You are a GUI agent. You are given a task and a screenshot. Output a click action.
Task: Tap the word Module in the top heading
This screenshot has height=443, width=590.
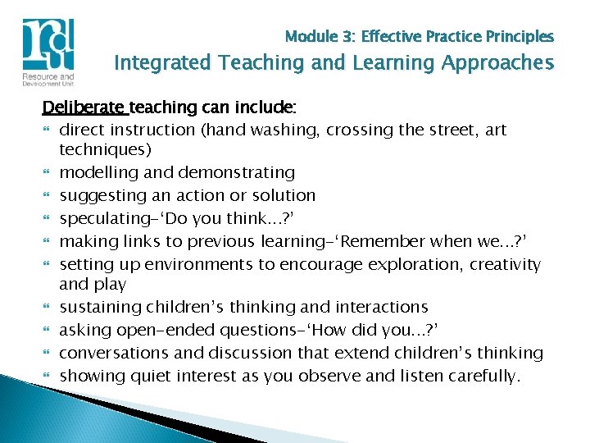pos(311,37)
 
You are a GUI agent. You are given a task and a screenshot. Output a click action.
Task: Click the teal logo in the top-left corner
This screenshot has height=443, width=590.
pos(49,48)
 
